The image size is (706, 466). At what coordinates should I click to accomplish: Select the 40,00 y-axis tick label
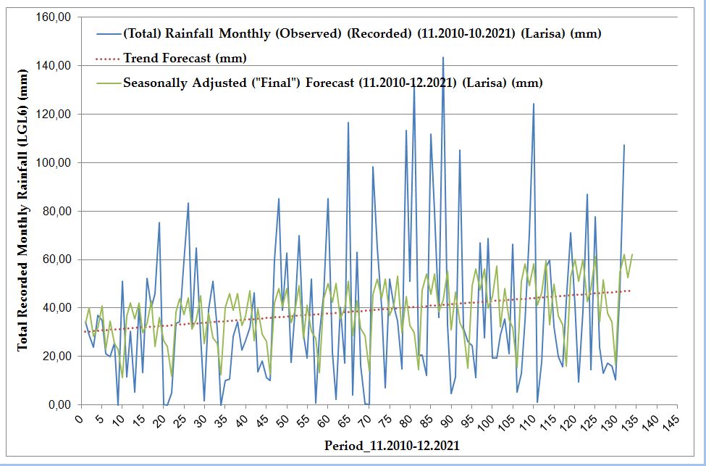point(56,307)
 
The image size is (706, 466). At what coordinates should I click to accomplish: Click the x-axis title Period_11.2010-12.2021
point(392,445)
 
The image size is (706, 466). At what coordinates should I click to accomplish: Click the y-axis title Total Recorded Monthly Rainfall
point(22,211)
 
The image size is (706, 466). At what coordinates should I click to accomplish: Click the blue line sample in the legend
point(108,34)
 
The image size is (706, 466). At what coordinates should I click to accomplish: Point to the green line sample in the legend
point(108,83)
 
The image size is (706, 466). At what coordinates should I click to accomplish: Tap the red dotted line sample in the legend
point(108,58)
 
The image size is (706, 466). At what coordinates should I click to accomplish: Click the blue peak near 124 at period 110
point(534,104)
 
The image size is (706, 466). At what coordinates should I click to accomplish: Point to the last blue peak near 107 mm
point(623,145)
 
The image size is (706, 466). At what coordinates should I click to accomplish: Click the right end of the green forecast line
point(632,254)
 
